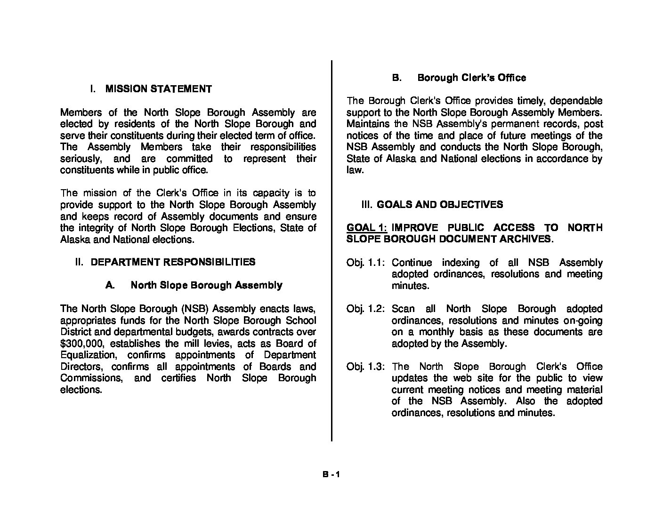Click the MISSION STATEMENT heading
point(158,89)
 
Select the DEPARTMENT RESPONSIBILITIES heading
point(173,262)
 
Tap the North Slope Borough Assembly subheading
point(206,285)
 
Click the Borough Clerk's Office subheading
point(471,78)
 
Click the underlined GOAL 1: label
point(367,228)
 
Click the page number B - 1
point(331,475)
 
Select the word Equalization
point(88,355)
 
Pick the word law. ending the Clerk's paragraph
point(355,170)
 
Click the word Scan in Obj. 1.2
point(403,309)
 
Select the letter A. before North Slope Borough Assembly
point(110,285)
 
